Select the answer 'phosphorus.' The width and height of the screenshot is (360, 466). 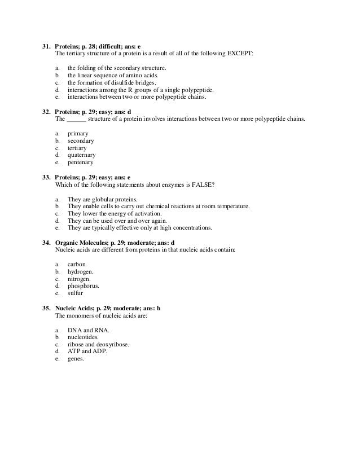point(83,285)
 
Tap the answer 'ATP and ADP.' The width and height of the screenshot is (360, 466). point(87,351)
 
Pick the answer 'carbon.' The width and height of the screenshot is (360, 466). point(77,264)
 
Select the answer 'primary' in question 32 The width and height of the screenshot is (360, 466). point(77,133)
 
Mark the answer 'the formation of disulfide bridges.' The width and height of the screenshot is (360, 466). point(112,82)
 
